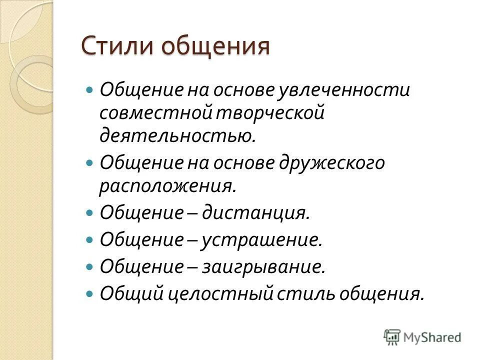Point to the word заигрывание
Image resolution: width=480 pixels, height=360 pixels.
(263, 266)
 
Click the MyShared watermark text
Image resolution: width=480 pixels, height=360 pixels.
(432, 337)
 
